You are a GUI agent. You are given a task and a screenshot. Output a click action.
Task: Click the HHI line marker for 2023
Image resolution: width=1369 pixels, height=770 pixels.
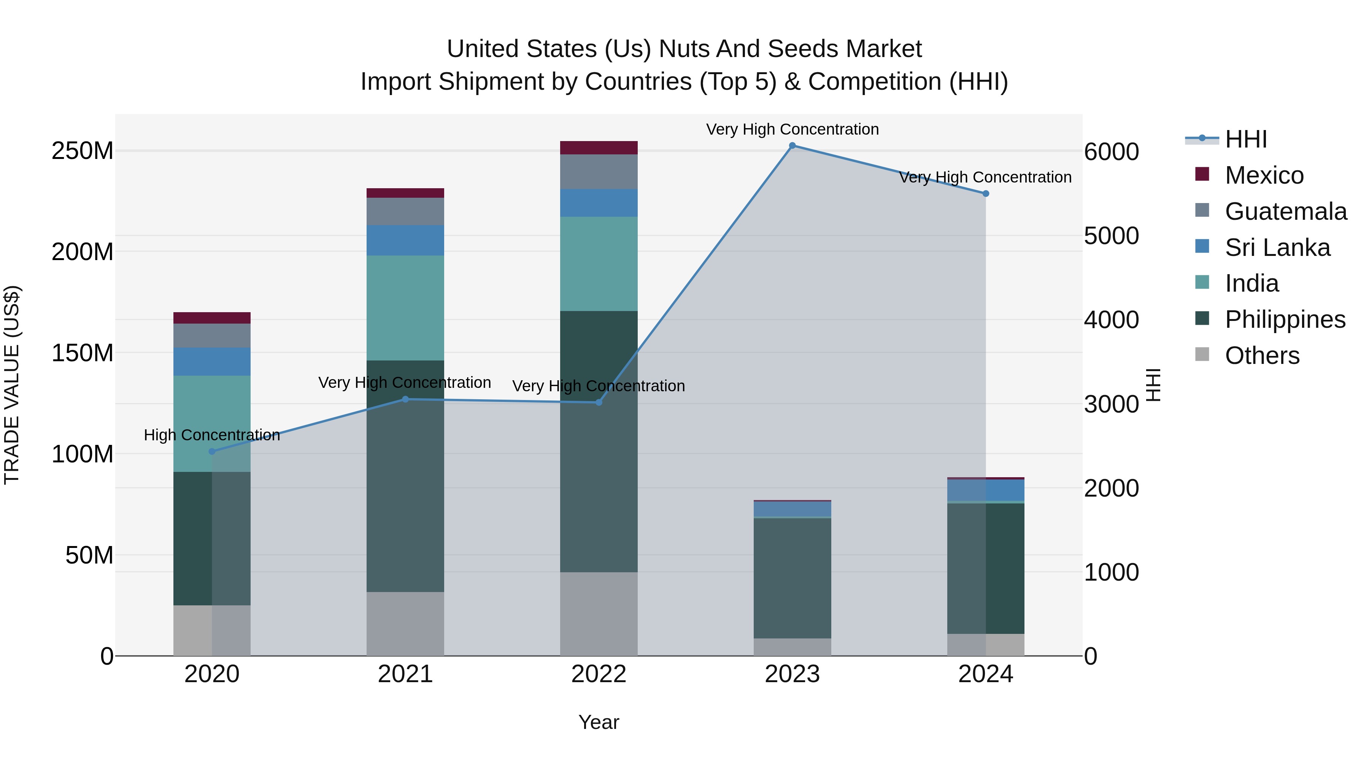(x=792, y=146)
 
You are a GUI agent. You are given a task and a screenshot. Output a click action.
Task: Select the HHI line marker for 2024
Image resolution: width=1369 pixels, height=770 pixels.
(x=985, y=194)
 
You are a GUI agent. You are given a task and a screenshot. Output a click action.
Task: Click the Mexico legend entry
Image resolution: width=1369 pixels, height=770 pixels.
(x=1264, y=175)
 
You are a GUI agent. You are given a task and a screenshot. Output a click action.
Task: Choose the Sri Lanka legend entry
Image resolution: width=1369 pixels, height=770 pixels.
(x=1277, y=248)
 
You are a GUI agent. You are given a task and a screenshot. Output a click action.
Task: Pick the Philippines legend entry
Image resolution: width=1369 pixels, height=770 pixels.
(x=1285, y=320)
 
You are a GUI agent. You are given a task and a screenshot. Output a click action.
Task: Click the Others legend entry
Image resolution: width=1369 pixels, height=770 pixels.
(x=1262, y=356)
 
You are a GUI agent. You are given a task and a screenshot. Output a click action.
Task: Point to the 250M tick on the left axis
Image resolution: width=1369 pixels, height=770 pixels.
(x=83, y=151)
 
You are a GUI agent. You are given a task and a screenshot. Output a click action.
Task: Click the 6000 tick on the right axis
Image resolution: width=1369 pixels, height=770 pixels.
(x=1111, y=152)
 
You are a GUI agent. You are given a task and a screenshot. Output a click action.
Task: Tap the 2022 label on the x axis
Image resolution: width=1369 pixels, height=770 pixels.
(x=599, y=674)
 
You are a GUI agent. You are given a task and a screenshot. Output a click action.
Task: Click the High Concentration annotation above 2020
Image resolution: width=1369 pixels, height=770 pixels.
(x=211, y=435)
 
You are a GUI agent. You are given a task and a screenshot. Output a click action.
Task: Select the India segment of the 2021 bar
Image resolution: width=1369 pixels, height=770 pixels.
(x=405, y=308)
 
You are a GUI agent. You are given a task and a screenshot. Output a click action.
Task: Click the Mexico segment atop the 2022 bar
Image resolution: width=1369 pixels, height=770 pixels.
(x=599, y=148)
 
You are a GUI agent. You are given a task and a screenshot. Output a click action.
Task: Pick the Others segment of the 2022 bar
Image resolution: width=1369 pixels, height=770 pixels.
(x=599, y=614)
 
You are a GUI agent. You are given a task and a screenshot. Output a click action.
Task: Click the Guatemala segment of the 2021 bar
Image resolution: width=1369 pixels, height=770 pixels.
(x=405, y=211)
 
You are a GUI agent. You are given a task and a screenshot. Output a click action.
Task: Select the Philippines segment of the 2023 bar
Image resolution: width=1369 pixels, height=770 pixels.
(x=792, y=578)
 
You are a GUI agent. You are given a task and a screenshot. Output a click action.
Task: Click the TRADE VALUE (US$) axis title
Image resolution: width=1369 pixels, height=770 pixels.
(x=12, y=385)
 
